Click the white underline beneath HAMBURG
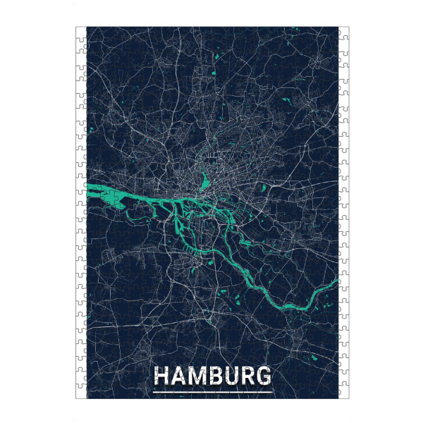[x=212, y=390]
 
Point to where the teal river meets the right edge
[x=337, y=283]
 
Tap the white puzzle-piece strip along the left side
[x=80, y=211]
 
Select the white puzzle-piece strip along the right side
[x=343, y=211]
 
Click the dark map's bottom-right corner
[x=338, y=398]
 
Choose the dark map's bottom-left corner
[x=86, y=398]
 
